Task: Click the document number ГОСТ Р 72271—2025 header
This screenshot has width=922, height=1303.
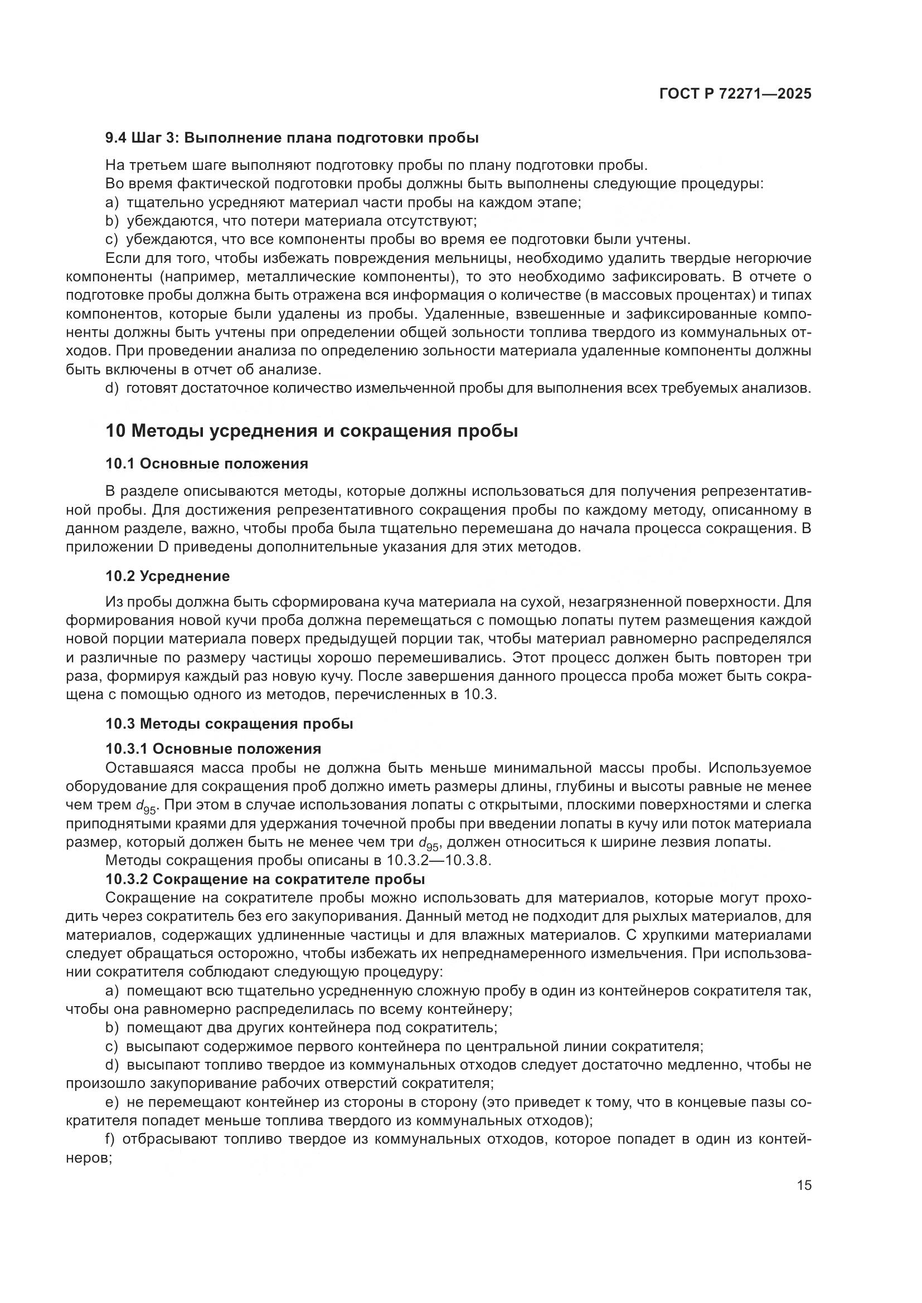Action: (x=735, y=94)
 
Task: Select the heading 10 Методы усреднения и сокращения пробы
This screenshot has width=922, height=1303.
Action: (x=312, y=431)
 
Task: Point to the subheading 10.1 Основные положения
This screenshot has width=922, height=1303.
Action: (x=207, y=463)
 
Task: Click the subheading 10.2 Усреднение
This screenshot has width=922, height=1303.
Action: (x=167, y=576)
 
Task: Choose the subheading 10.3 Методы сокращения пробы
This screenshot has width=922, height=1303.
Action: (x=229, y=724)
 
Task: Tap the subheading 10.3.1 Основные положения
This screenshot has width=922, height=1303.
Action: (x=213, y=749)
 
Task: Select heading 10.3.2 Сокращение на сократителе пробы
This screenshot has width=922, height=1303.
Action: (x=265, y=880)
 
